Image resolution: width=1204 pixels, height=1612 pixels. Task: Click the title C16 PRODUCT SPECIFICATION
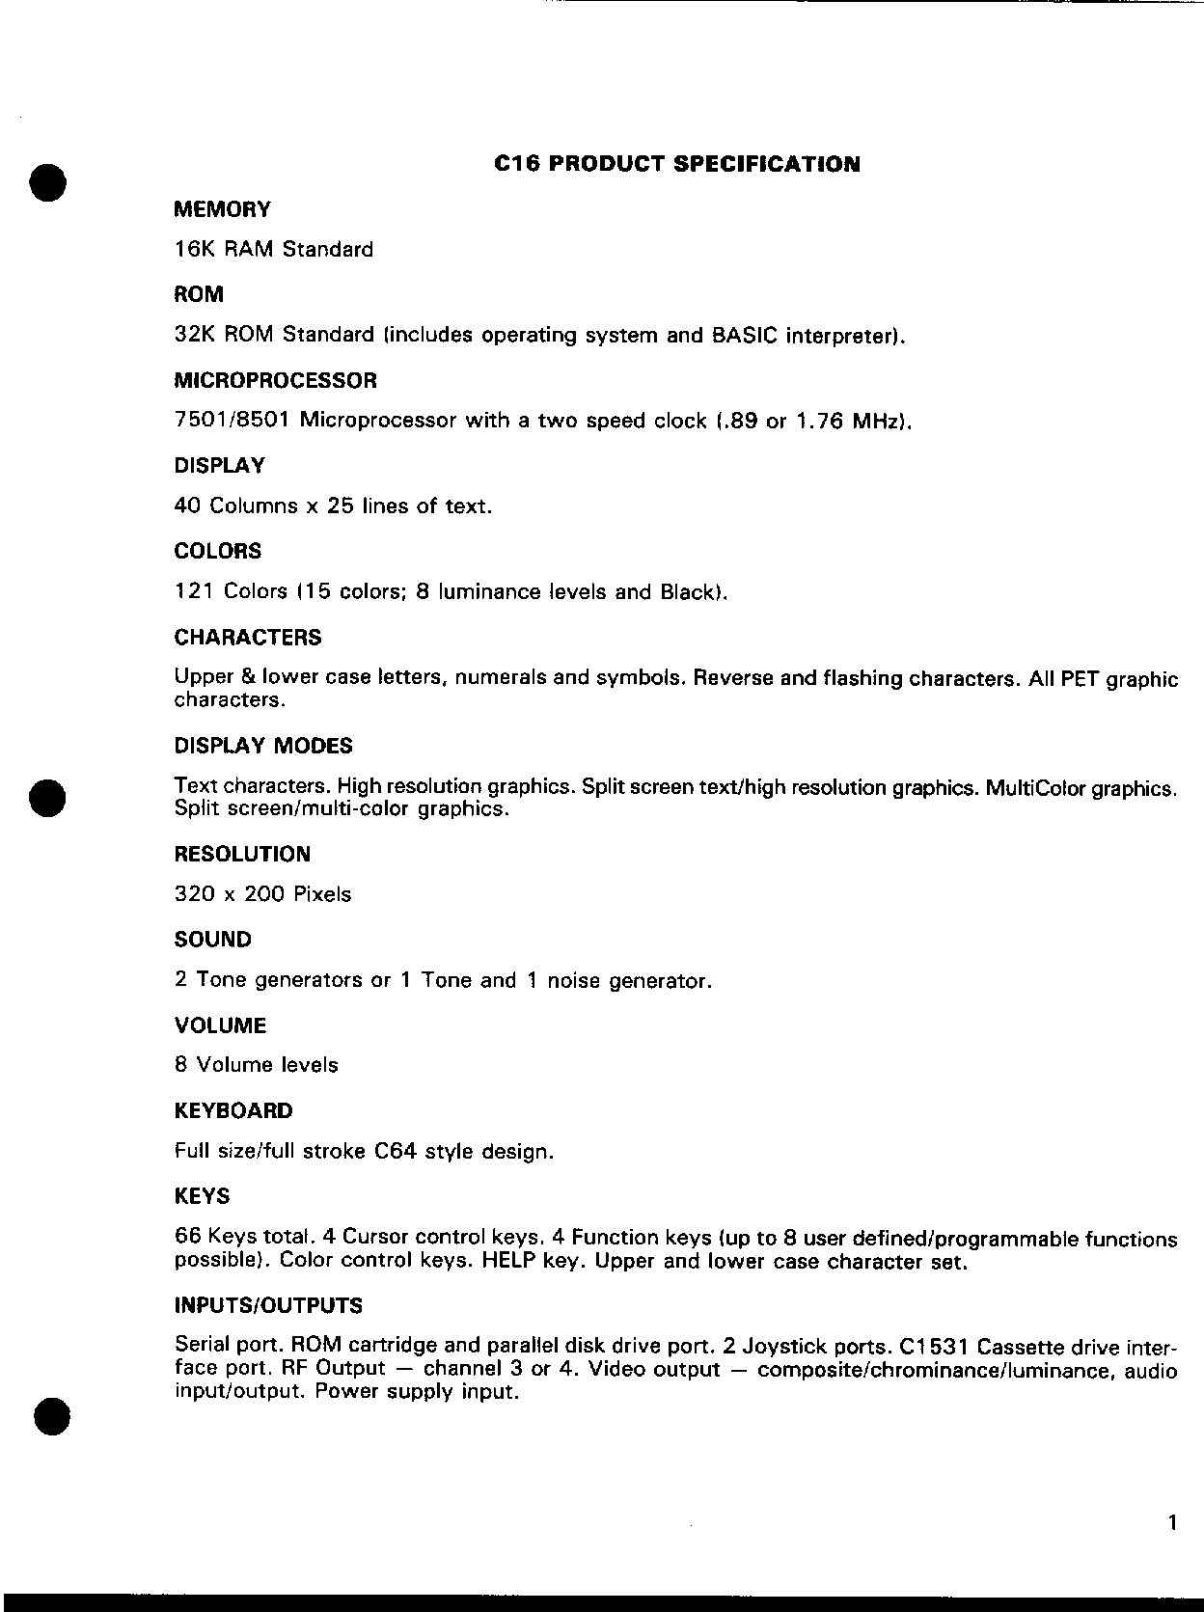pyautogui.click(x=676, y=164)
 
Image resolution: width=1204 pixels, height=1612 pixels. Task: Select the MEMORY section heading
pyautogui.click(x=222, y=209)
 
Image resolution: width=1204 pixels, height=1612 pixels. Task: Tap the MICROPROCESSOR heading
pyautogui.click(x=275, y=380)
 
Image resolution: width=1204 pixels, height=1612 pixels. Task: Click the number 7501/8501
pyautogui.click(x=233, y=421)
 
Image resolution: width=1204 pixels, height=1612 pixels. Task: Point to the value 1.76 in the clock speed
pyautogui.click(x=818, y=421)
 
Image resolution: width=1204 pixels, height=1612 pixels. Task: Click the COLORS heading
pyautogui.click(x=217, y=551)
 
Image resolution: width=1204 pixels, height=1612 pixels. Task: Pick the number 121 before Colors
pyautogui.click(x=193, y=591)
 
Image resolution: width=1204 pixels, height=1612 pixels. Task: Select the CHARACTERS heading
pyautogui.click(x=248, y=637)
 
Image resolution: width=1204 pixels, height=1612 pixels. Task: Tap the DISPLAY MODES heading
pyautogui.click(x=263, y=746)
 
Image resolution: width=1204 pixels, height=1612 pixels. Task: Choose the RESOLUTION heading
pyautogui.click(x=242, y=854)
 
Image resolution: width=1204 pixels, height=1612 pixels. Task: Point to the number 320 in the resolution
pyautogui.click(x=194, y=894)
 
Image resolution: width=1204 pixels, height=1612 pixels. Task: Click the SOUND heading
pyautogui.click(x=212, y=940)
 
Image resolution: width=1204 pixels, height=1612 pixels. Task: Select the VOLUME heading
pyautogui.click(x=220, y=1025)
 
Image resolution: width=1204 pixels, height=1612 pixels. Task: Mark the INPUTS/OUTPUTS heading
pyautogui.click(x=268, y=1305)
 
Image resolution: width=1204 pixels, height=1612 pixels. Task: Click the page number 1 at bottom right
pyautogui.click(x=1171, y=1524)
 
